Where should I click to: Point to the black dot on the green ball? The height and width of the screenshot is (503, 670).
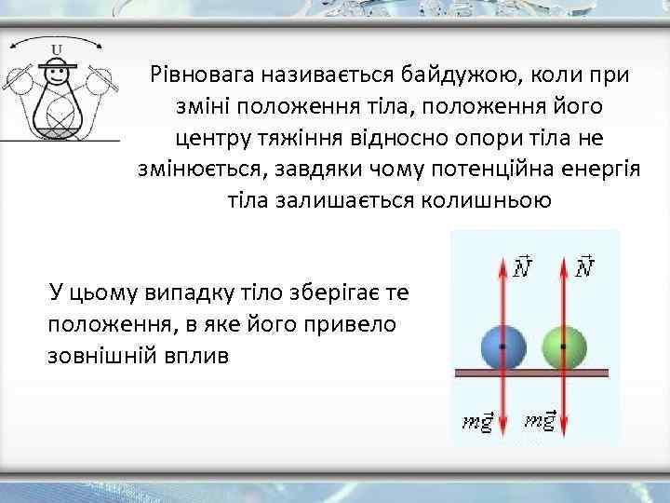pos(564,346)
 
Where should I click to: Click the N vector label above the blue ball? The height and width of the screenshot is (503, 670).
pos(523,267)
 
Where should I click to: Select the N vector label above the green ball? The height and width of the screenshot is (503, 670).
pos(586,267)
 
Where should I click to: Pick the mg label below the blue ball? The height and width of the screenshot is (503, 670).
pos(479,420)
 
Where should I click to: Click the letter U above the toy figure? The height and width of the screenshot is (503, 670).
pos(58,49)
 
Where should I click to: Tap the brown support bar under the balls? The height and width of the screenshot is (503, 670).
pos(531,373)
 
